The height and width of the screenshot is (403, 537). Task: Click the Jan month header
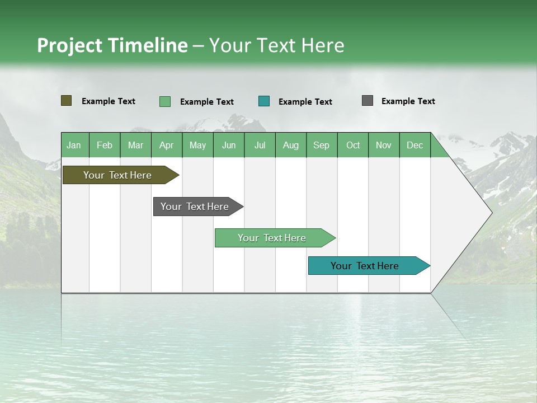74,145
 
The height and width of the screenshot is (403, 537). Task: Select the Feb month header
105,145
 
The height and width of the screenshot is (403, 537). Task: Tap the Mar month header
135,145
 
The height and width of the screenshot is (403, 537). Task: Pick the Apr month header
167,145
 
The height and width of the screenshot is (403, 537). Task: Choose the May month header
197,145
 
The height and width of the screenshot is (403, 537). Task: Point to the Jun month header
229,145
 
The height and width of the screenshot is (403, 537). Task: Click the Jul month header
260,145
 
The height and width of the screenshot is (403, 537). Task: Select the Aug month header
291,145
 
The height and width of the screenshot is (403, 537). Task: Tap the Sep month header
322,145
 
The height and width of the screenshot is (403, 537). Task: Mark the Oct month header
353,145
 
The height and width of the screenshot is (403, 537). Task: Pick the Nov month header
384,145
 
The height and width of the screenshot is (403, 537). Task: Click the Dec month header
414,145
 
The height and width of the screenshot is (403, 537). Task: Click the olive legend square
67,101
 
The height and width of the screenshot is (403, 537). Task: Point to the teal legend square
264,101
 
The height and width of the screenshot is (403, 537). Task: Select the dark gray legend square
368,101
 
